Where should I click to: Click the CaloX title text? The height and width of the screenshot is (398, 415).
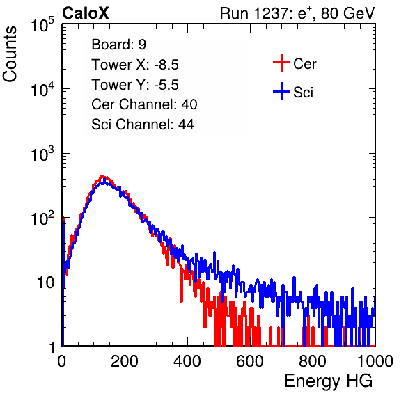point(86,13)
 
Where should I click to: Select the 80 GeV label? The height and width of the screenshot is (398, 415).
point(347,13)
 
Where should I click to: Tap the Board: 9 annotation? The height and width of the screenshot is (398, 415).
point(118,45)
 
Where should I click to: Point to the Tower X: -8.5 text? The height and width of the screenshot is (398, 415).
point(135,65)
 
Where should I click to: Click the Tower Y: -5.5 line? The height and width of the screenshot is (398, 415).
point(135,85)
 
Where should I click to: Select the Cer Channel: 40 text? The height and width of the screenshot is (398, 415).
point(144,104)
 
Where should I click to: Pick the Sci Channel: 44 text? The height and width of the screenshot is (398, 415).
point(143,125)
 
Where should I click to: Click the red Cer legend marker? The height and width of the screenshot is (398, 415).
point(281,63)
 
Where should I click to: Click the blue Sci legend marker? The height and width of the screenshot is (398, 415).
point(281,92)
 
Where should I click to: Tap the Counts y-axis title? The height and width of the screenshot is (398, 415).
point(10,54)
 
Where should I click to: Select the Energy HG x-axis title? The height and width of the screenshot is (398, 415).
point(328,381)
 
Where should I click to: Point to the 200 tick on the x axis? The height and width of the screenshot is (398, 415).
point(125,361)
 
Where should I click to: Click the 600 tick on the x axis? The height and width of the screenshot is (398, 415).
point(250,361)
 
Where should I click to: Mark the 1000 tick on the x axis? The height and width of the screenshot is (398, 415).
point(375,361)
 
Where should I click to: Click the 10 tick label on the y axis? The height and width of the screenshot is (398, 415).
point(45,282)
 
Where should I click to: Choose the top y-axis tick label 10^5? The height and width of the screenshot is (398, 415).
point(42,24)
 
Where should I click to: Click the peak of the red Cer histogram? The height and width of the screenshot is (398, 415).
point(102,176)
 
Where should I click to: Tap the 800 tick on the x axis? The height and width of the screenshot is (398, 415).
point(313,361)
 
